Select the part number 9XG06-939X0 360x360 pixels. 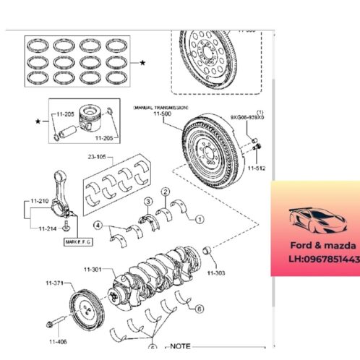(x=248, y=116)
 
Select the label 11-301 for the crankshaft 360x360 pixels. (x=93, y=270)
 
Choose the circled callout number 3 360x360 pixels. (x=147, y=201)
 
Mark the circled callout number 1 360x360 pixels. (x=200, y=218)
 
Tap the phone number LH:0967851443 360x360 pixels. (x=315, y=258)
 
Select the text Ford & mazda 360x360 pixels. (x=315, y=245)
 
